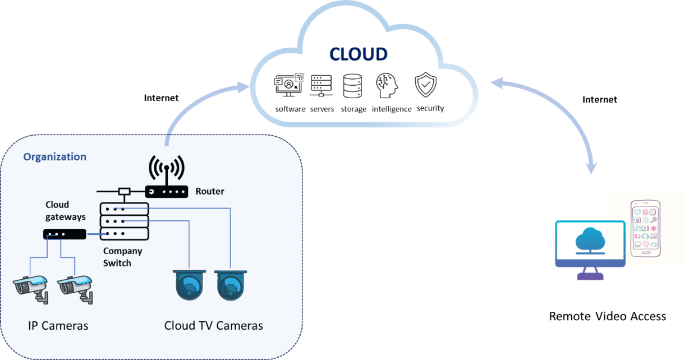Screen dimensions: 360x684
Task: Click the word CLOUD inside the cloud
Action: (358, 54)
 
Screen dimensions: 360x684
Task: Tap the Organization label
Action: (54, 157)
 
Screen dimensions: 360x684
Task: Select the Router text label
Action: (209, 192)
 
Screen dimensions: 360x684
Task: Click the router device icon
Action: (167, 192)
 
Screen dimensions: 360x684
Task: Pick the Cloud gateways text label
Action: (65, 211)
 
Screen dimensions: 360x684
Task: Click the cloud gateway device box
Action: (65, 234)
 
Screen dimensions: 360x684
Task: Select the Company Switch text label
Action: (122, 257)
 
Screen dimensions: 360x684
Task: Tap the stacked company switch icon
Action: (125, 221)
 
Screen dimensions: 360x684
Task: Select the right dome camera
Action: (231, 285)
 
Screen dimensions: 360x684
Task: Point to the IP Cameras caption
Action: (58, 326)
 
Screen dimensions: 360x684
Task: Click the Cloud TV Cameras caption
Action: (214, 326)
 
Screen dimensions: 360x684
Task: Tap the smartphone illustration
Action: (645, 229)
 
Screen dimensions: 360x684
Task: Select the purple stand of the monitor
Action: (590, 274)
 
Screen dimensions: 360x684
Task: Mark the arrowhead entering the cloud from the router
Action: (244, 87)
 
